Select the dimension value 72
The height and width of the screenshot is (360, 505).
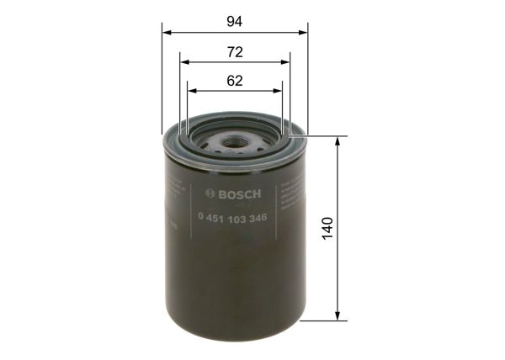tap(234, 51)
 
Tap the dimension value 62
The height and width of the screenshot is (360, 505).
tap(234, 81)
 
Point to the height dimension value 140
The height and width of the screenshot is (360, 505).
tap(327, 227)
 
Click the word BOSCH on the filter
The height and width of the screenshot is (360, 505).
tap(241, 194)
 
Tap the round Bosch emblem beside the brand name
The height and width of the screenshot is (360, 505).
tap(210, 194)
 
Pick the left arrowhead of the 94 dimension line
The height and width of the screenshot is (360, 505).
tap(166, 33)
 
